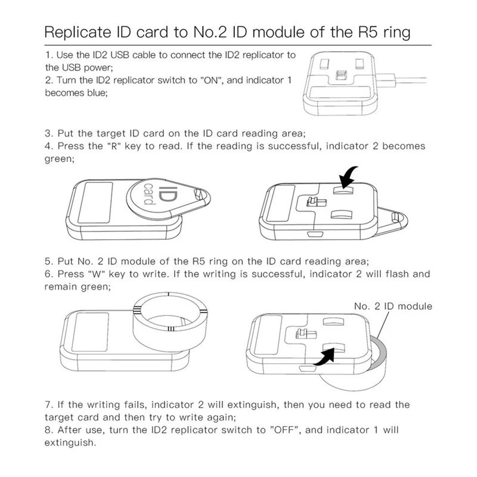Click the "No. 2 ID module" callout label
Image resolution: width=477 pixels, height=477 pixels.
pos(392,306)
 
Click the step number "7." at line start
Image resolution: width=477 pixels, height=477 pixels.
pos(49,405)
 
